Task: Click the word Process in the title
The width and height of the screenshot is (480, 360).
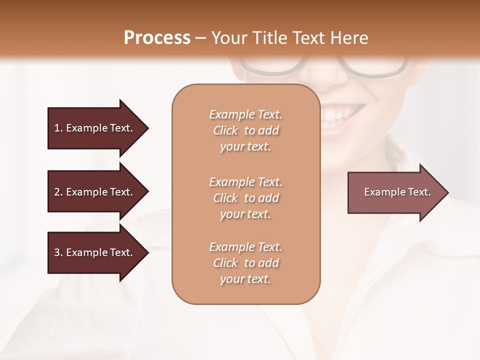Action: (157, 38)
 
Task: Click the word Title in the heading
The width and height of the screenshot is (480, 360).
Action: (268, 38)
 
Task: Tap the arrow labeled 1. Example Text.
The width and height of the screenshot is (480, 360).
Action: (93, 128)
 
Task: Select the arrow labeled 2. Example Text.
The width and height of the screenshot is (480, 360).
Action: (93, 192)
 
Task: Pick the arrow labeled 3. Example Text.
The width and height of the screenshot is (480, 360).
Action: (93, 252)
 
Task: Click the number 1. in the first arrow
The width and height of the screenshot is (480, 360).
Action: (58, 128)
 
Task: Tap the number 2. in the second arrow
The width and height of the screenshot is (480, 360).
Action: (58, 192)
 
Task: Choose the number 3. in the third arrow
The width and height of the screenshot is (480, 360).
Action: (58, 252)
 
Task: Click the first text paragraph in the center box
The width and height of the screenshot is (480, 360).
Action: (245, 130)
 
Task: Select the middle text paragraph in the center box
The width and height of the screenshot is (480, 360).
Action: (245, 198)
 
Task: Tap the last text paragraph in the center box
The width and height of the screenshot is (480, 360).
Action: (245, 263)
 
